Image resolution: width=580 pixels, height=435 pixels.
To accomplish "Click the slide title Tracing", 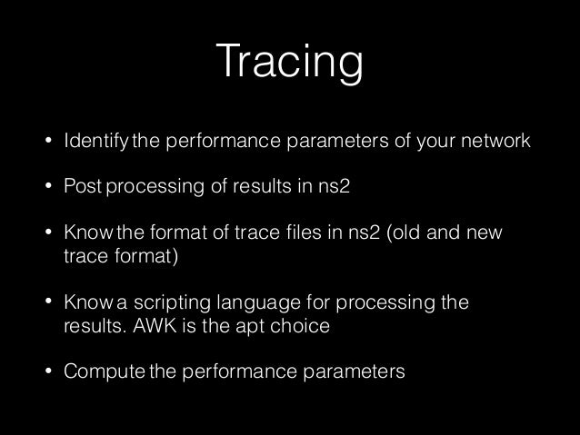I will [289, 64].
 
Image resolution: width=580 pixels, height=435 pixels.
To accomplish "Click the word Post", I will [83, 189].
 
